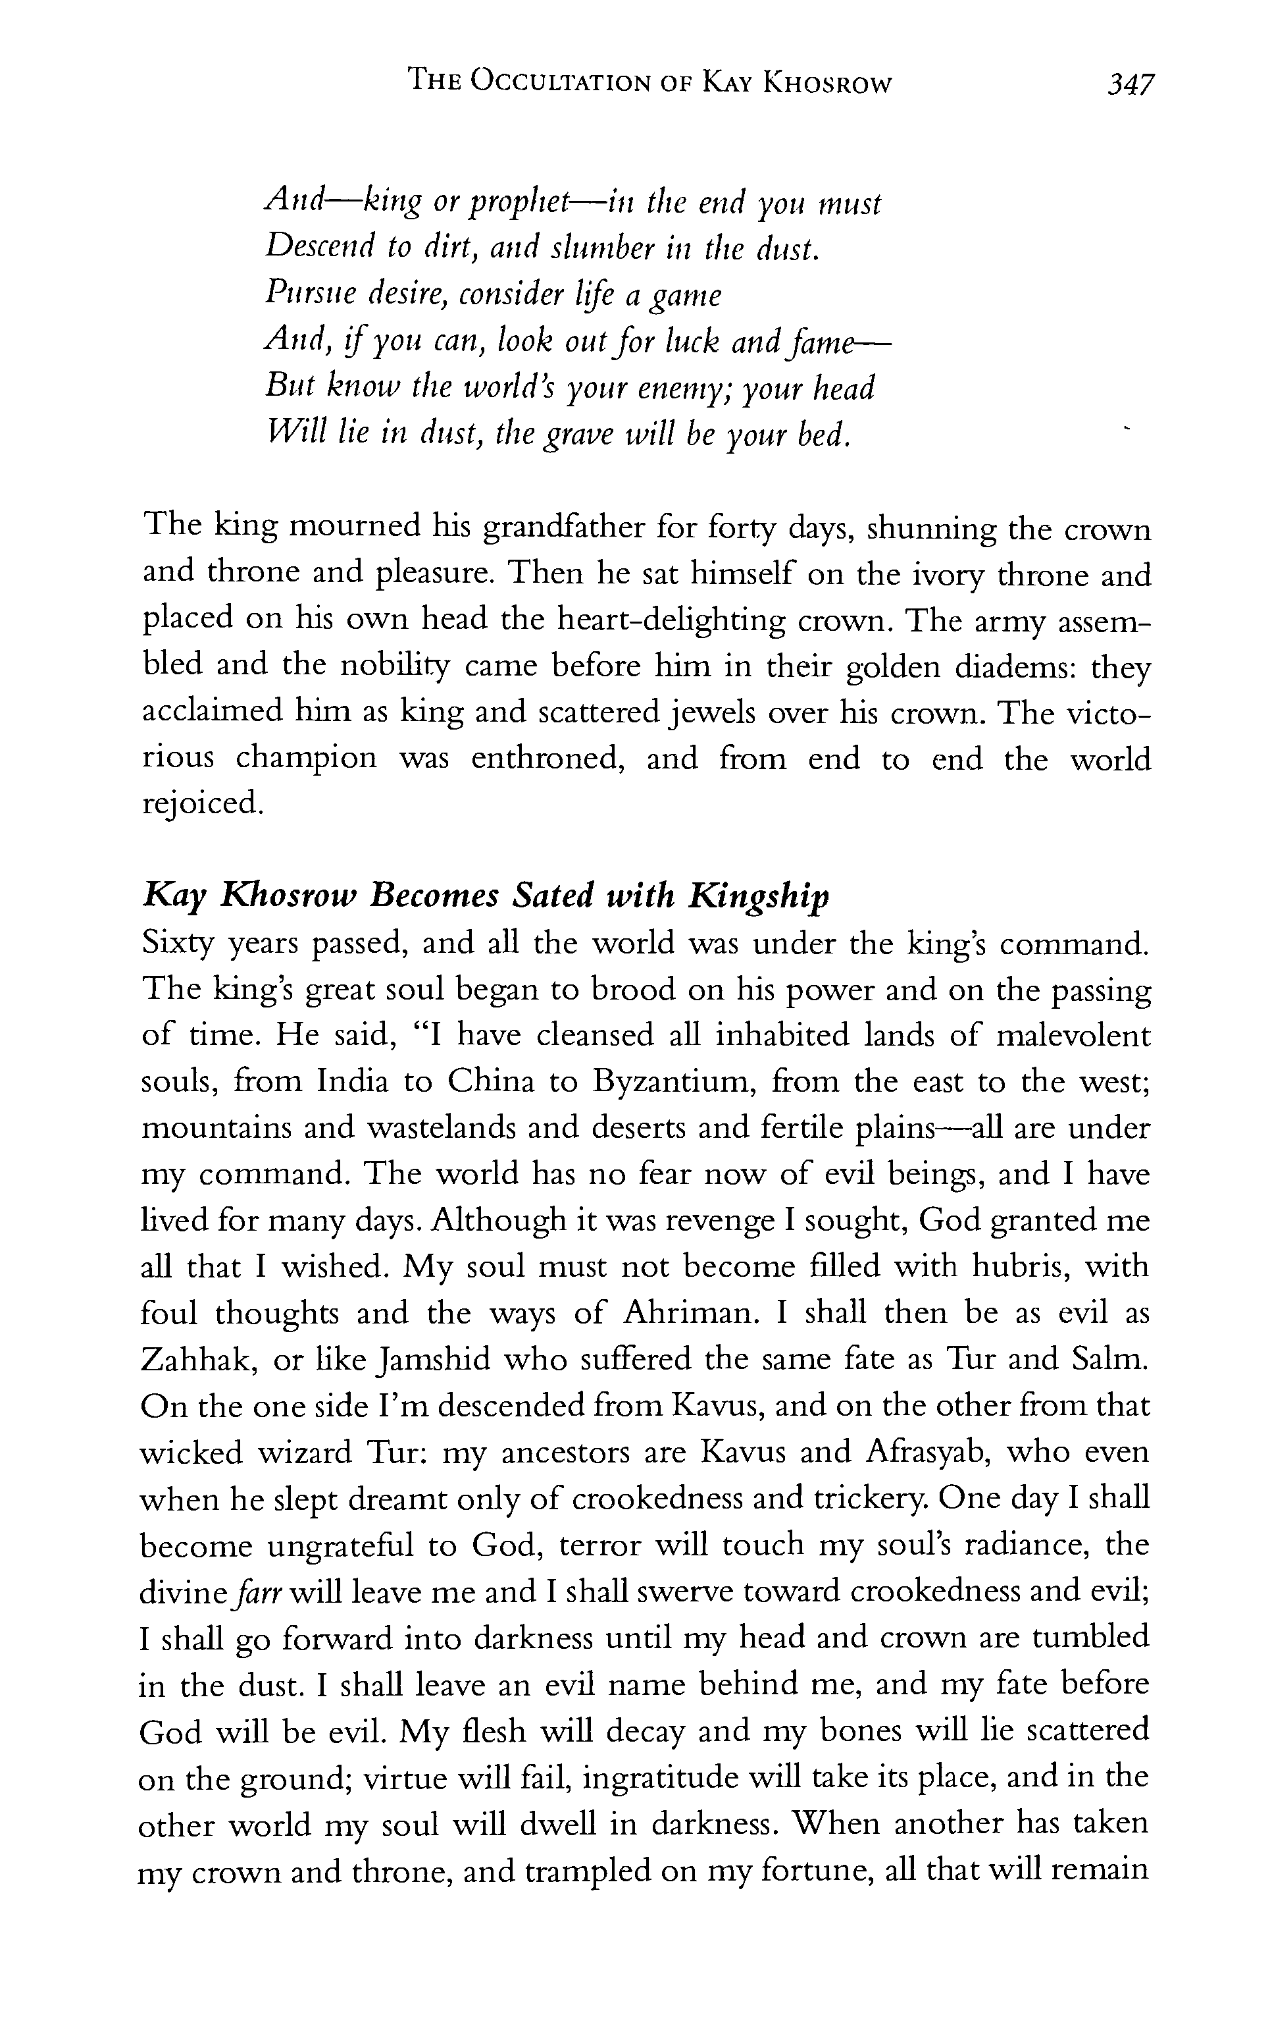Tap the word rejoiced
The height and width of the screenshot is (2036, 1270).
(201, 804)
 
